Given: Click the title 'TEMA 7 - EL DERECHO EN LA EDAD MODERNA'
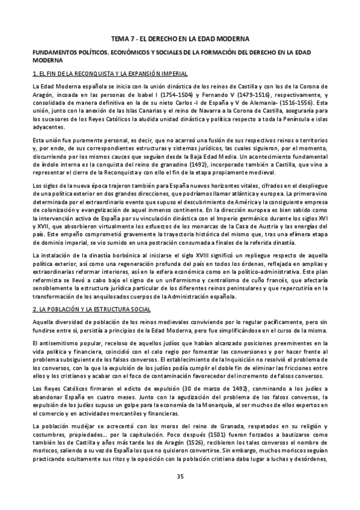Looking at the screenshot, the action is [x=180, y=38].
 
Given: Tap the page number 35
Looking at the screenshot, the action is [x=180, y=478].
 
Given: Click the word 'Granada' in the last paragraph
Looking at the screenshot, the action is [x=203, y=417].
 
